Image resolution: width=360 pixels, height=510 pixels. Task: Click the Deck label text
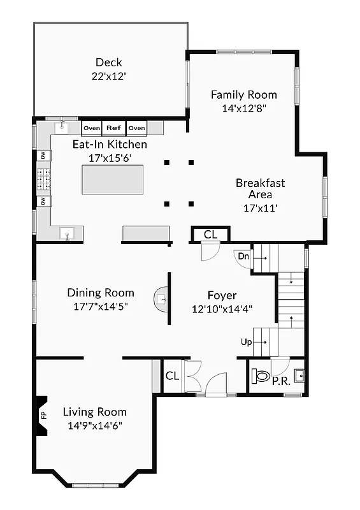point(109,62)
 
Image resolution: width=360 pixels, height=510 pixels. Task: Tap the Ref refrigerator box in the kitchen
point(114,128)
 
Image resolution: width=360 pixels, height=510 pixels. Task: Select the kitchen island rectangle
point(112,179)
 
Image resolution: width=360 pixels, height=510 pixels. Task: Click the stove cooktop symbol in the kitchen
point(43,179)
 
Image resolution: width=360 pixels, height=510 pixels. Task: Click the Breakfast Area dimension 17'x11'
point(260,207)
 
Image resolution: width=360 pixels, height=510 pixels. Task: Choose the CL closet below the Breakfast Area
point(210,235)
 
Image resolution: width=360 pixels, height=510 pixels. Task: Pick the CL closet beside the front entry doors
point(172,376)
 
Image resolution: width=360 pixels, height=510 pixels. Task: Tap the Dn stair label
point(243,256)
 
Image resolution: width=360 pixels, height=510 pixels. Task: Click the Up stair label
point(246,342)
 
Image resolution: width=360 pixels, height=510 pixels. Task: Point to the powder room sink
point(298,375)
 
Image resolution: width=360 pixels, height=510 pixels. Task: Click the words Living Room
point(94,412)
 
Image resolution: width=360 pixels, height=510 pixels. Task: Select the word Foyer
point(222,295)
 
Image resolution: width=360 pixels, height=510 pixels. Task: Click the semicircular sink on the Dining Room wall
point(161,299)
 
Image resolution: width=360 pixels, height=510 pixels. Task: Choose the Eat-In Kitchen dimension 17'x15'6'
point(109,157)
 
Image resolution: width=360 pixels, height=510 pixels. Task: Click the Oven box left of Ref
point(92,128)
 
